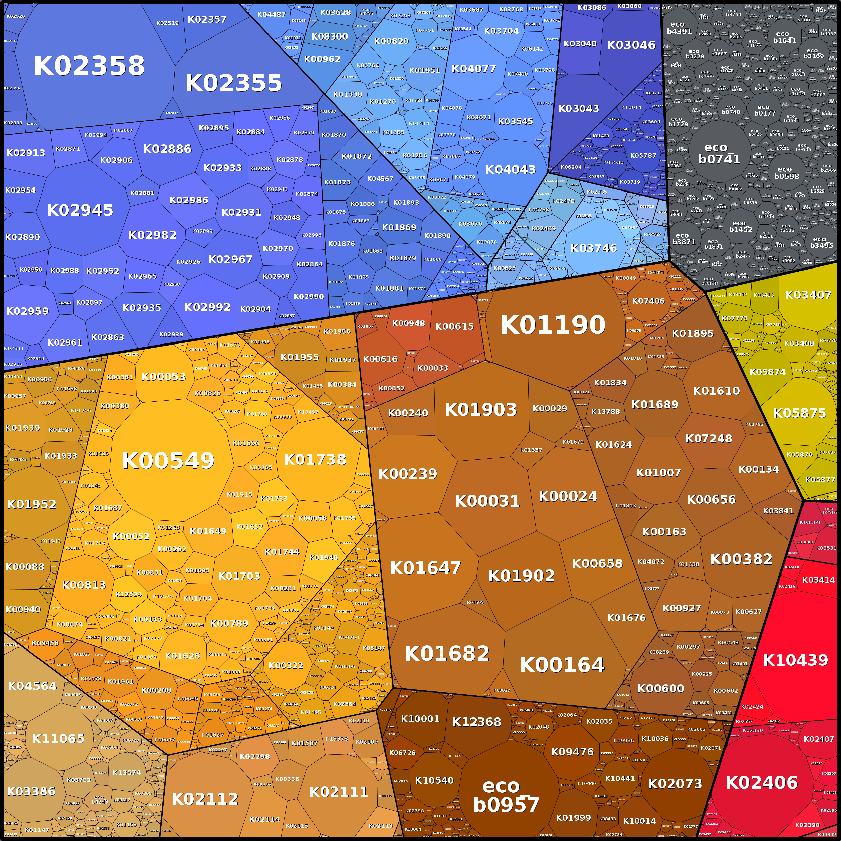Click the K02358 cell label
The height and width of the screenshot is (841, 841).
[89, 66]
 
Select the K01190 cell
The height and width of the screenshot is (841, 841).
[553, 325]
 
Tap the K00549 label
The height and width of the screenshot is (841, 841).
[168, 461]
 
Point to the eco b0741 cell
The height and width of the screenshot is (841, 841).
[719, 154]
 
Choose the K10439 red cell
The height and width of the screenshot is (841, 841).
[795, 660]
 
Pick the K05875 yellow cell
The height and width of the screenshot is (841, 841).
[799, 413]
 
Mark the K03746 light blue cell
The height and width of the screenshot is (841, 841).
[593, 248]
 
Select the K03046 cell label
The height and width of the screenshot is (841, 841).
[631, 45]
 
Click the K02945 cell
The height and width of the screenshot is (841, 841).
[80, 210]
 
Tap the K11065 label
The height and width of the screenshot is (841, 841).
[58, 738]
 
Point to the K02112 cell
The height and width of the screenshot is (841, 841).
[205, 799]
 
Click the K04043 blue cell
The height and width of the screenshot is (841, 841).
[510, 169]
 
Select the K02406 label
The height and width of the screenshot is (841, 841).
[761, 783]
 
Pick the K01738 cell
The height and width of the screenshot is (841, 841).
[315, 459]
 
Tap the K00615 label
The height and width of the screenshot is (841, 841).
[454, 326]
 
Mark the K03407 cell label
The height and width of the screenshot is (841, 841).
[808, 295]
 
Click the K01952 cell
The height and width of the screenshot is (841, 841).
[32, 504]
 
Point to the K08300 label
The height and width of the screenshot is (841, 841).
[329, 36]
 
